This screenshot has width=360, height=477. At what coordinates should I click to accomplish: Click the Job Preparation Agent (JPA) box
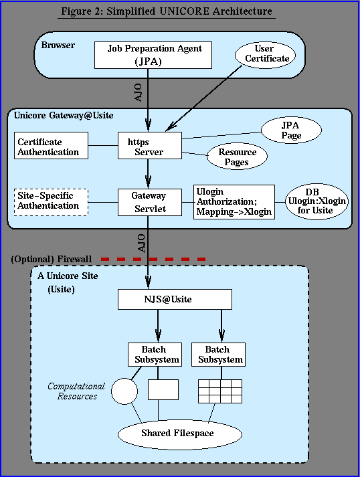pyautogui.click(x=153, y=55)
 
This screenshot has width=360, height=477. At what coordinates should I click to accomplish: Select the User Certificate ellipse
pyautogui.click(x=266, y=55)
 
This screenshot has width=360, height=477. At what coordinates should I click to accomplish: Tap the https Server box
pyautogui.click(x=150, y=145)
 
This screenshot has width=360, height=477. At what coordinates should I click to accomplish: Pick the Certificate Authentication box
pyautogui.click(x=51, y=145)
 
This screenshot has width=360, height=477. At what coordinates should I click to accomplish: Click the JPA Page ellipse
pyautogui.click(x=291, y=130)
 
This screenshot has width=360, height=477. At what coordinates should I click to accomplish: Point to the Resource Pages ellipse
pyautogui.click(x=237, y=157)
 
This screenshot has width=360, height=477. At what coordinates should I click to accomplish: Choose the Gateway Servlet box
pyautogui.click(x=150, y=202)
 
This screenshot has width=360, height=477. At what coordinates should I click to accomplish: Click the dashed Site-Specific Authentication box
pyautogui.click(x=51, y=202)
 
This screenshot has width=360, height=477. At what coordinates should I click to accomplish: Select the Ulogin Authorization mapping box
pyautogui.click(x=234, y=202)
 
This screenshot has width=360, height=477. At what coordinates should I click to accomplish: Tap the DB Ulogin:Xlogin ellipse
pyautogui.click(x=317, y=201)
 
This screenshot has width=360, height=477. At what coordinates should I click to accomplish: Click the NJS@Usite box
pyautogui.click(x=175, y=299)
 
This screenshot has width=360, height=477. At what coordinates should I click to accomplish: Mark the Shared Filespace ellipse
pyautogui.click(x=180, y=434)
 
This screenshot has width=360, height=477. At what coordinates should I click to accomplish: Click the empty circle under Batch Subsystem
pyautogui.click(x=124, y=391)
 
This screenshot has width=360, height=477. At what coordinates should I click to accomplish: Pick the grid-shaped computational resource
pyautogui.click(x=220, y=391)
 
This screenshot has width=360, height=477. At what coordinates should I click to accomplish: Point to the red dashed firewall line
pyautogui.click(x=153, y=259)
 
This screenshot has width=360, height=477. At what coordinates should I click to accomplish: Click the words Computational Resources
pyautogui.click(x=76, y=391)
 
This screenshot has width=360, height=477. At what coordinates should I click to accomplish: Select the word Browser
pyautogui.click(x=58, y=45)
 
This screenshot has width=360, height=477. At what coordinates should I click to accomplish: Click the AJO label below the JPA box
pyautogui.click(x=138, y=93)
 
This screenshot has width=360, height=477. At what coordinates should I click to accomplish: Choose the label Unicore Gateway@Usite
pyautogui.click(x=64, y=115)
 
